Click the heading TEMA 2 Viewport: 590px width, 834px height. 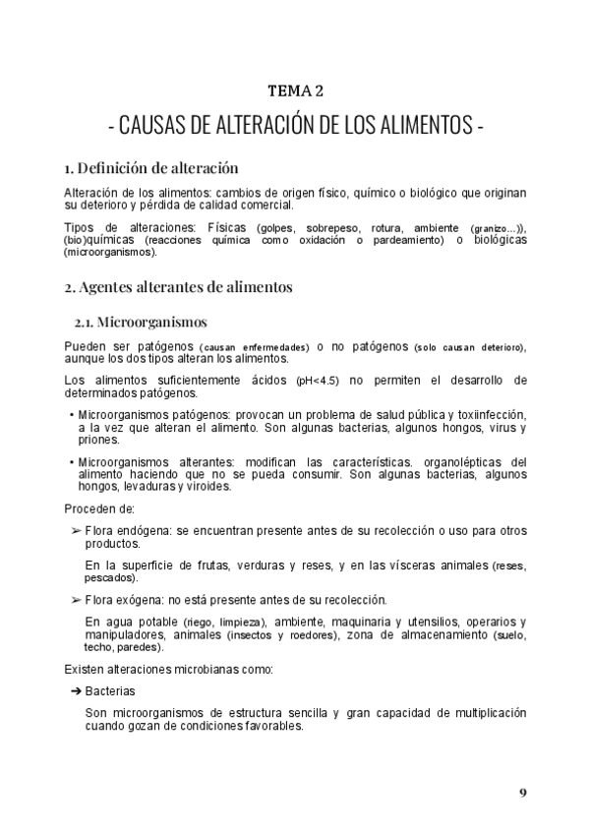tap(295, 91)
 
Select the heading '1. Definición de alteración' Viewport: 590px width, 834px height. tap(150, 167)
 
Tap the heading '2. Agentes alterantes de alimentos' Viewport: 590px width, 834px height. tap(178, 288)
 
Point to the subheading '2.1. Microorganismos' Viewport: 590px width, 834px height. tap(140, 322)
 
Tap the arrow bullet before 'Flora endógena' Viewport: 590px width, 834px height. tap(77, 530)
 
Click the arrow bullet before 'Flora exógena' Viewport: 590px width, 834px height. tap(77, 599)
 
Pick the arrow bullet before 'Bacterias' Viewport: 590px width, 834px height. tap(77, 692)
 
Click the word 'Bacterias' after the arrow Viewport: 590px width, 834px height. tap(109, 692)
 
